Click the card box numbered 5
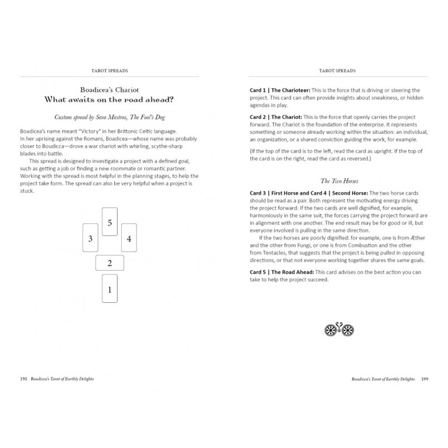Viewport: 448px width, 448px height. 109,222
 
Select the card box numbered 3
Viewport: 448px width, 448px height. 90,238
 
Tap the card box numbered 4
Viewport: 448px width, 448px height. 129,238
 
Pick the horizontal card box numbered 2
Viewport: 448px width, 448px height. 109,263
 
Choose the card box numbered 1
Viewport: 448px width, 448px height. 109,289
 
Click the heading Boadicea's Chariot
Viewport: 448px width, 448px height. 109,87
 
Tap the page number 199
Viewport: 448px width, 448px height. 425,378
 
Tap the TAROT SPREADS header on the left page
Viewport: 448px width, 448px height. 109,70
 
